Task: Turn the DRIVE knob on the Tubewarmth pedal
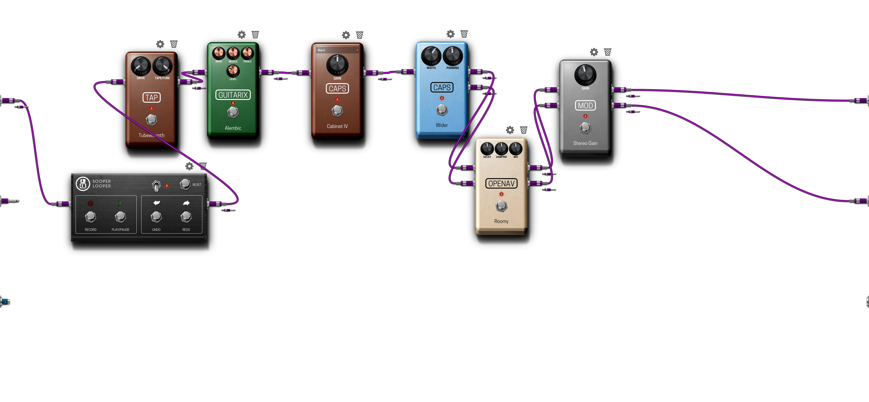click(x=141, y=66)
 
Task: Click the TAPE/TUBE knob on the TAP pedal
click(x=162, y=66)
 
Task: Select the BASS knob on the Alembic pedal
click(x=219, y=53)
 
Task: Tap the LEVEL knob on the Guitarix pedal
click(x=233, y=71)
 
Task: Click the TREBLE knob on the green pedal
click(x=247, y=53)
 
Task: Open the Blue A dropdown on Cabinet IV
click(x=337, y=50)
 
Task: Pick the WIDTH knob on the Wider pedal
click(x=431, y=56)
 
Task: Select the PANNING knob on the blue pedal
click(x=452, y=56)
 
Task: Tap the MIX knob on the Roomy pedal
click(x=516, y=148)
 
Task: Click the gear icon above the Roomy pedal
click(x=510, y=130)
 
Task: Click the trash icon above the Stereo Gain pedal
click(x=608, y=52)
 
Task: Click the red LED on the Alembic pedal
click(x=233, y=103)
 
